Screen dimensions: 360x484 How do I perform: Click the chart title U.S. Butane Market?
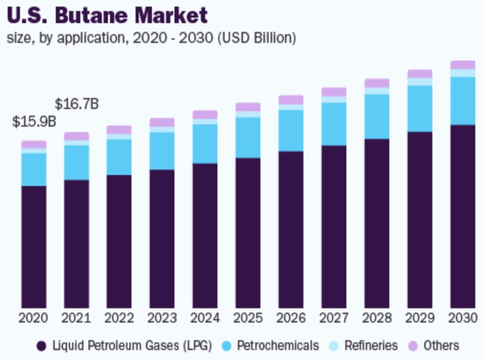(107, 14)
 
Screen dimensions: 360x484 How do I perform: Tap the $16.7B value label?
(77, 103)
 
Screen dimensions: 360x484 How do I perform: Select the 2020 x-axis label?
(34, 318)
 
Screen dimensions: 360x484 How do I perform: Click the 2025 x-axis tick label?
(248, 318)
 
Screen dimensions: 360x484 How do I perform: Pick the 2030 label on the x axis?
(462, 318)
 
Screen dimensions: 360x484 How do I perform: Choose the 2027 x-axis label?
(334, 318)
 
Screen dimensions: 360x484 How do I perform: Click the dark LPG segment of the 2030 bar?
(462, 215)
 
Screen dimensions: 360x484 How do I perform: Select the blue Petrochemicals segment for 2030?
(462, 100)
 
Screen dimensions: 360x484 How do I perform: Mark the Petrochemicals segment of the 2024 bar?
(205, 144)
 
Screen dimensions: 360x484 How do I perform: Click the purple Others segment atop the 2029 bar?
(419, 74)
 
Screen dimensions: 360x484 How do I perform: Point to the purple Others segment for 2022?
(119, 130)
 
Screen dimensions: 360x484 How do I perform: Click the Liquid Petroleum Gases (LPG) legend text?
(132, 346)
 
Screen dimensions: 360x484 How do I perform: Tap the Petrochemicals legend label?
(278, 346)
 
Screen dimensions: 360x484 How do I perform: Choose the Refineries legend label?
(371, 346)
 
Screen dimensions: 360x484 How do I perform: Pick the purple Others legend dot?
(412, 346)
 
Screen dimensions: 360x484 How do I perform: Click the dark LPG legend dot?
(41, 346)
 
